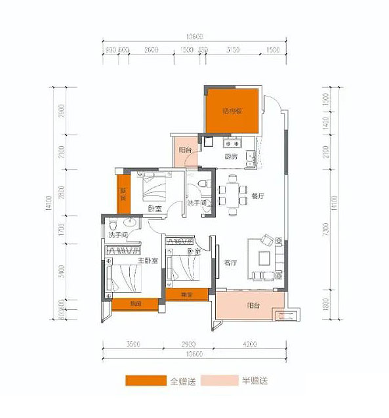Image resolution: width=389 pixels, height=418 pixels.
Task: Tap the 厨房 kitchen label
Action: click(230, 157)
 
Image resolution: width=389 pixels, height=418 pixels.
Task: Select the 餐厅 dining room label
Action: click(256, 196)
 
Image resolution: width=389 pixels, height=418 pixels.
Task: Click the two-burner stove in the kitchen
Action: click(232, 142)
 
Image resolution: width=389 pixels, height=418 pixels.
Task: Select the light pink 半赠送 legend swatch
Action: click(220, 381)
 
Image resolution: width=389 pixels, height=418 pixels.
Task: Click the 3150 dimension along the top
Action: click(233, 50)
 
